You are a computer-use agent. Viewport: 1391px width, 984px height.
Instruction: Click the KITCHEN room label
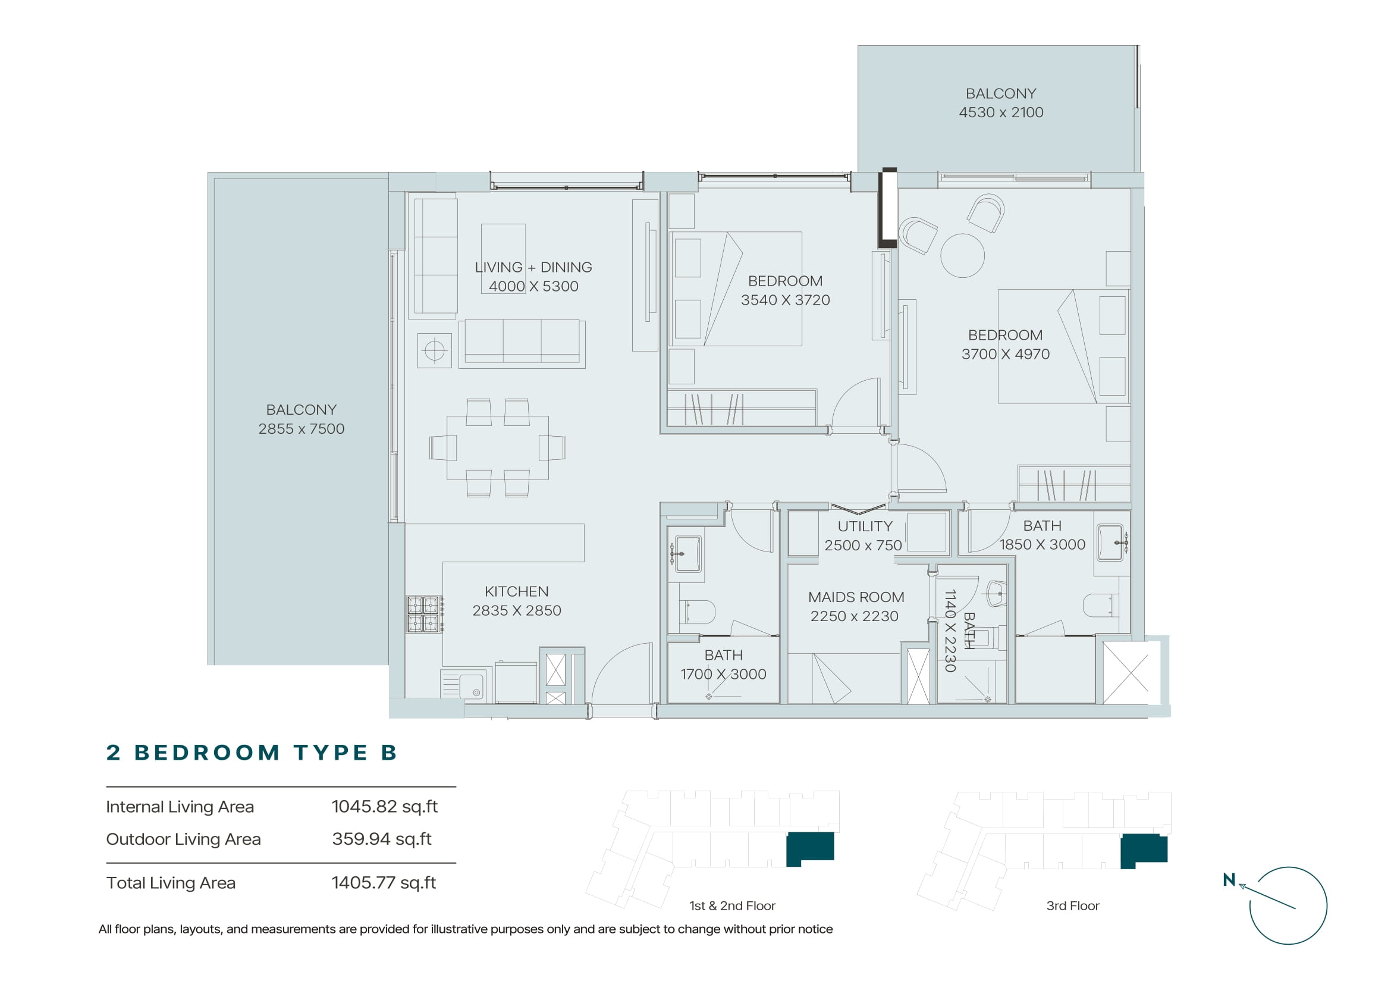(x=516, y=591)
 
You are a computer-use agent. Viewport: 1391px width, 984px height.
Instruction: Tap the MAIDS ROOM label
(x=856, y=597)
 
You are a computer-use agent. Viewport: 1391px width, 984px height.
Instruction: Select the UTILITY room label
(x=865, y=526)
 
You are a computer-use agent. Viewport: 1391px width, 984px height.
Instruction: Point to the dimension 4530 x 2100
(x=1001, y=112)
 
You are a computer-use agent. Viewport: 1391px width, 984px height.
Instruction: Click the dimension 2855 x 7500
(x=301, y=428)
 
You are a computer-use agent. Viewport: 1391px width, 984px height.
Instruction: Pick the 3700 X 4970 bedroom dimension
(x=1006, y=354)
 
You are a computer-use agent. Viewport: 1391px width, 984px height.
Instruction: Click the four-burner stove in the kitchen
(x=423, y=614)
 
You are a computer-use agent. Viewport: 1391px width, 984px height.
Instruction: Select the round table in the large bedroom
(x=962, y=256)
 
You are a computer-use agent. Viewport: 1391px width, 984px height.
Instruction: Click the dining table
(x=497, y=448)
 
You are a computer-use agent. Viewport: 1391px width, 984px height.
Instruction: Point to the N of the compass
(x=1229, y=880)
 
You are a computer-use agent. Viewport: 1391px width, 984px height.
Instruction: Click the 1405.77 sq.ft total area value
(x=384, y=883)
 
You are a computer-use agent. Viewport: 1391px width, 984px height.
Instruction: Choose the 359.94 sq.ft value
(x=382, y=839)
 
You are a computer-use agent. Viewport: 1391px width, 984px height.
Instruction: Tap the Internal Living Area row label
(x=180, y=807)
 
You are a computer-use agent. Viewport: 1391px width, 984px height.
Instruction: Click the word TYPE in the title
(x=331, y=753)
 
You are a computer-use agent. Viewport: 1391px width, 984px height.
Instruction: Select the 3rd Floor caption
(x=1072, y=906)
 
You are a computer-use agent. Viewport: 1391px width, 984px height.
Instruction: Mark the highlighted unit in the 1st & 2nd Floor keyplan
(x=810, y=848)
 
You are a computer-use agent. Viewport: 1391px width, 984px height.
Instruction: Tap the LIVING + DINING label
(x=533, y=267)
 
